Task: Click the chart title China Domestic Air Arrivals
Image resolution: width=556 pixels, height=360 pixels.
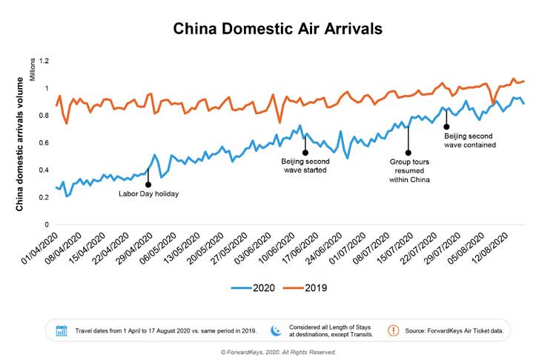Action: click(x=278, y=29)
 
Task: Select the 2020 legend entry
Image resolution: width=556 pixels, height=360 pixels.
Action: click(x=257, y=287)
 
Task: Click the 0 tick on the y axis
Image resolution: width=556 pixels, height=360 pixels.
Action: click(x=47, y=224)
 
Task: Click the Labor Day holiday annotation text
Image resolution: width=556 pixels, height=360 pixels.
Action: click(x=149, y=194)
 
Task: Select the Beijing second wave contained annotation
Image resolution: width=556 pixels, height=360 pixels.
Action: click(x=470, y=141)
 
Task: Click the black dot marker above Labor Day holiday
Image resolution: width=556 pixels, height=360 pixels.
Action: click(x=148, y=184)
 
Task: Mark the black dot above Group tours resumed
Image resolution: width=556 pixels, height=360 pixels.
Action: click(x=408, y=153)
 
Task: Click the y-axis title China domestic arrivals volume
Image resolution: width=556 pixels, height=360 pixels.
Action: click(x=21, y=143)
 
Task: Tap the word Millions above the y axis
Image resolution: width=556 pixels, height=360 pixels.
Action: click(x=33, y=71)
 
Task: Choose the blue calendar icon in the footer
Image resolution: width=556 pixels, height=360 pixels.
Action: click(x=62, y=330)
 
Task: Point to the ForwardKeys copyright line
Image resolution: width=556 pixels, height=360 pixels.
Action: click(x=278, y=352)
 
